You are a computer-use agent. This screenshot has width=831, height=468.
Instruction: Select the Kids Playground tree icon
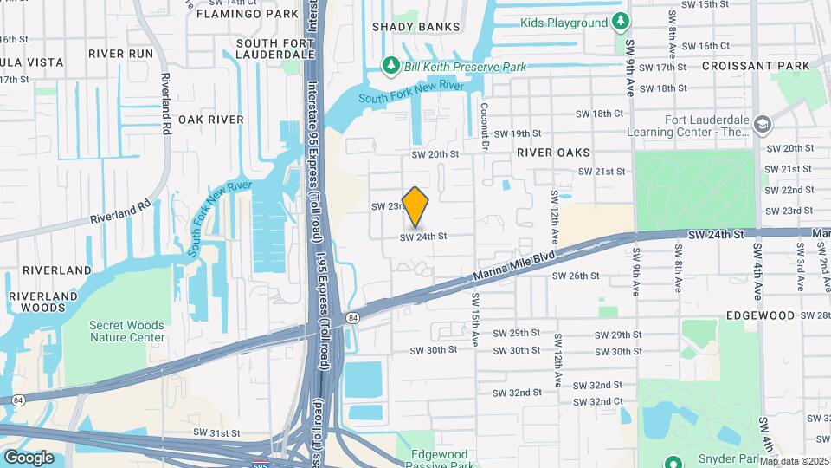[620, 22]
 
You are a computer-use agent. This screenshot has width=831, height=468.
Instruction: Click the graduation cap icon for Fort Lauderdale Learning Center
[762, 125]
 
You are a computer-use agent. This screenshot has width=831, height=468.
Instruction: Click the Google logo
[29, 458]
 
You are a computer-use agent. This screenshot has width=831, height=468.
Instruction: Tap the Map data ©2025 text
[794, 461]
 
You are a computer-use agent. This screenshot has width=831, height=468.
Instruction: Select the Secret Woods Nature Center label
[126, 331]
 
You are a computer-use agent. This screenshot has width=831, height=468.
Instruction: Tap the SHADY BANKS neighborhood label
[415, 27]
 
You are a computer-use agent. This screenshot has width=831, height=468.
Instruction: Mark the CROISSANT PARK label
[756, 66]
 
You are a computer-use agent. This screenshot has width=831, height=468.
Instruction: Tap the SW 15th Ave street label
[475, 321]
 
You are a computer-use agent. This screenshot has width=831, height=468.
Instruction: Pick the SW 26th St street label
[576, 276]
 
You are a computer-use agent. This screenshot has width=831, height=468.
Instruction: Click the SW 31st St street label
[216, 432]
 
